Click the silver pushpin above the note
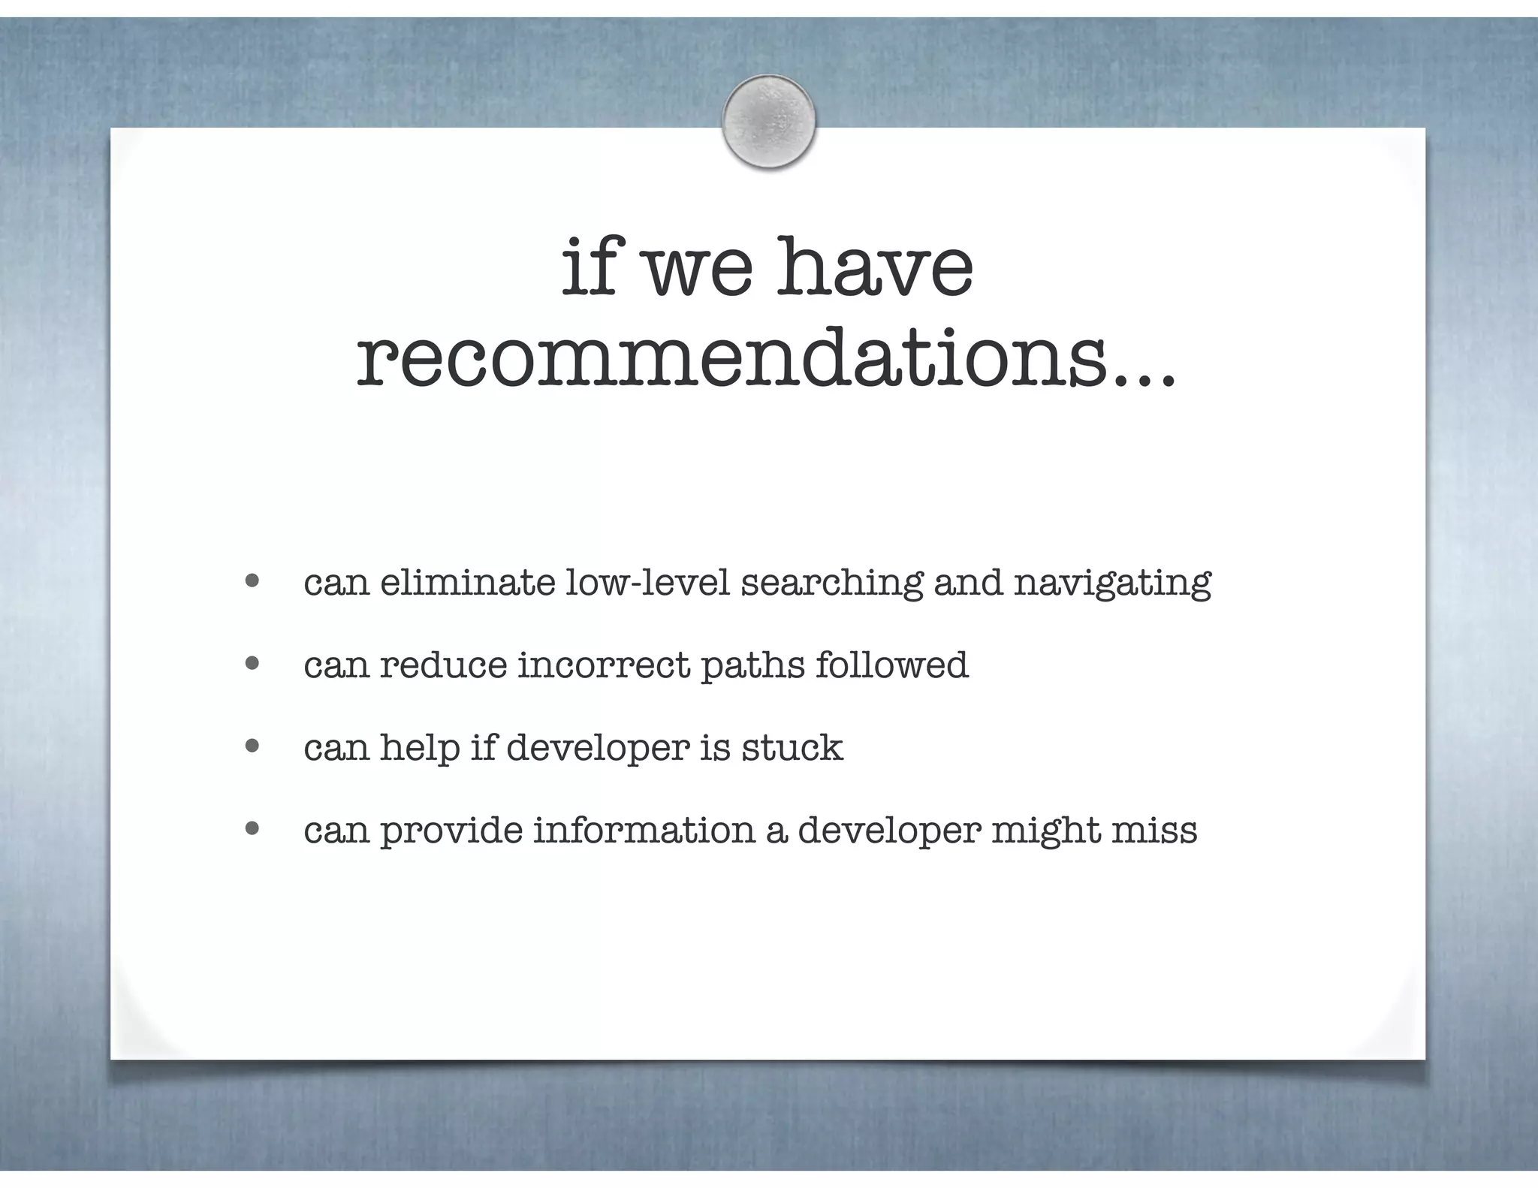(x=768, y=122)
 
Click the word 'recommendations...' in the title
(x=765, y=360)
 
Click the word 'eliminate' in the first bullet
(x=467, y=583)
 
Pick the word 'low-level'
(x=647, y=583)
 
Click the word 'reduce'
(x=443, y=665)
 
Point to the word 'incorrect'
(x=604, y=665)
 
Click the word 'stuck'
(x=792, y=747)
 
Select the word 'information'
(x=644, y=830)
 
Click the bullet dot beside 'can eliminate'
(x=252, y=580)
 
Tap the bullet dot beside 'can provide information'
(x=252, y=828)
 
